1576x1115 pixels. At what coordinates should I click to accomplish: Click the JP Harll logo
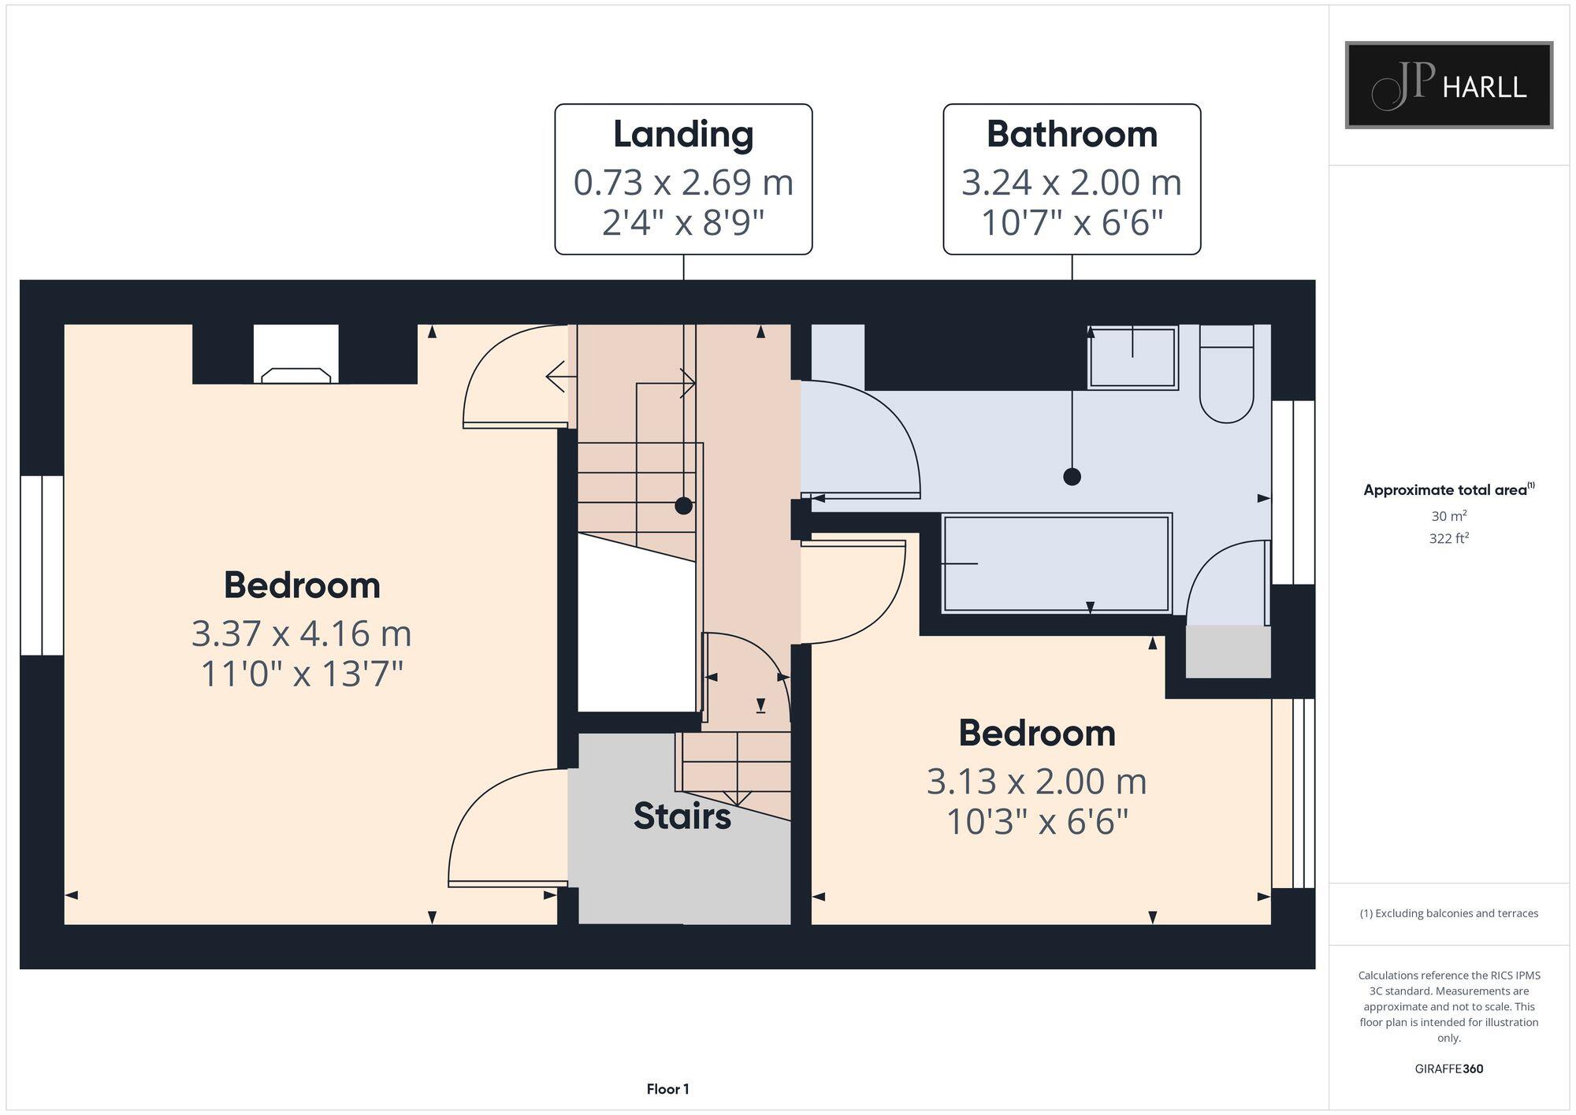pyautogui.click(x=1448, y=85)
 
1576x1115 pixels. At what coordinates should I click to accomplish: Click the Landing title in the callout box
pyautogui.click(x=683, y=134)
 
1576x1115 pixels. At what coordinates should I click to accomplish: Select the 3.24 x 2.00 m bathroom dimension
pyautogui.click(x=1072, y=183)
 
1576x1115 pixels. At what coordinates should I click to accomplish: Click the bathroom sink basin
pyautogui.click(x=1132, y=357)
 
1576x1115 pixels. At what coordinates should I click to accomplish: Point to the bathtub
pyautogui.click(x=1056, y=563)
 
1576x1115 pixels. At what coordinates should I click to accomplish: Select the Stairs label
pyautogui.click(x=682, y=816)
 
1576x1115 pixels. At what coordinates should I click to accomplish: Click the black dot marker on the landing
pyautogui.click(x=683, y=506)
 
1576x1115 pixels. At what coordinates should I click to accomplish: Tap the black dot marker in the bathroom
pyautogui.click(x=1072, y=477)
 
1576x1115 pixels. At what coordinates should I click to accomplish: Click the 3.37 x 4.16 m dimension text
pyautogui.click(x=302, y=634)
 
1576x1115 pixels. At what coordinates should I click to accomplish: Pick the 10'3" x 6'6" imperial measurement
pyautogui.click(x=1037, y=823)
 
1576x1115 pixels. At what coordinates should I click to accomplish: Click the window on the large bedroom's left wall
pyautogui.click(x=42, y=565)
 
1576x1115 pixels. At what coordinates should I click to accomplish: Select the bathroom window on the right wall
pyautogui.click(x=1293, y=492)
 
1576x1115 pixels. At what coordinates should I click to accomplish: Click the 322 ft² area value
pyautogui.click(x=1448, y=539)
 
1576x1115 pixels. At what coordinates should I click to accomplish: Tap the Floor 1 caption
pyautogui.click(x=667, y=1089)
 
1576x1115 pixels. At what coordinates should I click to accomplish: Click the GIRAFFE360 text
pyautogui.click(x=1448, y=1069)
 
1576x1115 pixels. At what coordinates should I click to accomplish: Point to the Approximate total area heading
pyautogui.click(x=1448, y=490)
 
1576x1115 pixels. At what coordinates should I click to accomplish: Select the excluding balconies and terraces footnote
pyautogui.click(x=1448, y=913)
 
